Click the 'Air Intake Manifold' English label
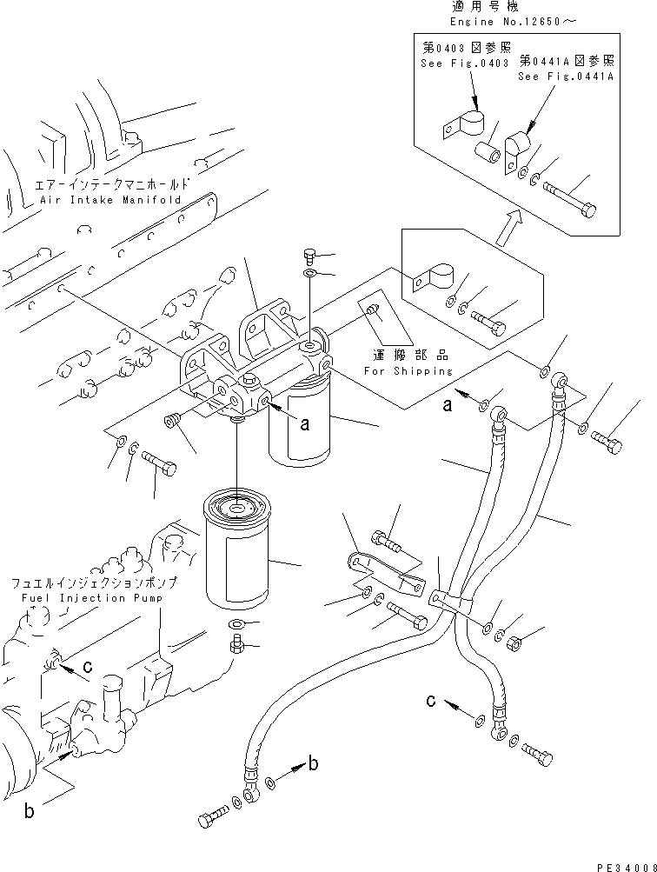point(110,200)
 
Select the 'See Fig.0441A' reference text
point(566,77)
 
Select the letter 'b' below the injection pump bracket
point(28,814)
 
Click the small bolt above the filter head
point(310,256)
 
